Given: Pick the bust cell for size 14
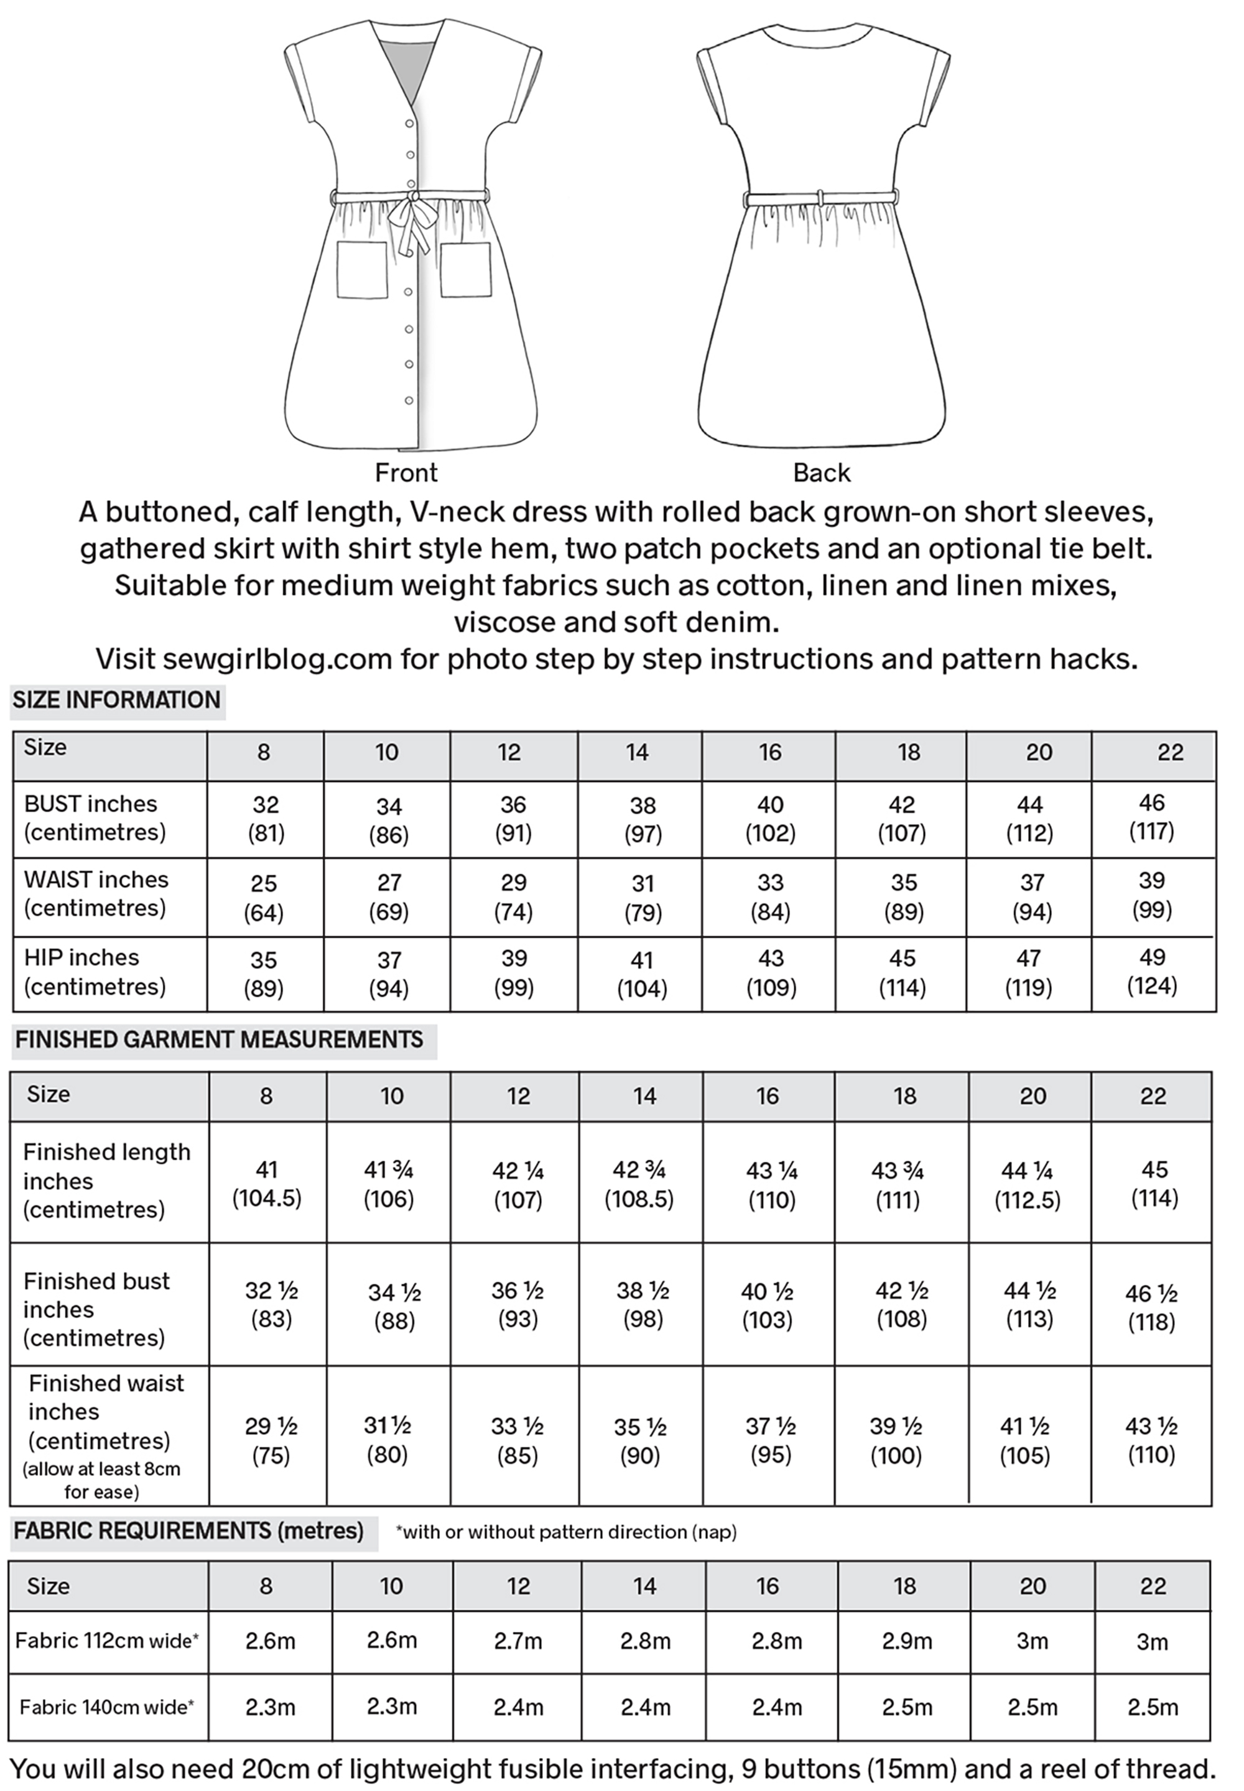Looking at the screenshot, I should point(643,819).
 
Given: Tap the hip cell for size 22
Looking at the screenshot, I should point(1152,972).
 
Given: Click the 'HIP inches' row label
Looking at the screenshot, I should point(82,957).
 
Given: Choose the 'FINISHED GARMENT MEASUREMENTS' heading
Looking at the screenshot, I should point(219,1040).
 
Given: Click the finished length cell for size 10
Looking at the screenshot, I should point(388,1184).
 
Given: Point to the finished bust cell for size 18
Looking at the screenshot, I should point(902,1305).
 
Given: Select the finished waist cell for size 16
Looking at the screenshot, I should point(770,1440).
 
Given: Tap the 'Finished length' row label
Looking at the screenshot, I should point(107,1152).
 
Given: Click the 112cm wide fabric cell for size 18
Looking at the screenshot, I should point(906,1641).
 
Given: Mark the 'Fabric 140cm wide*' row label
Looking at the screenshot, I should point(107,1708).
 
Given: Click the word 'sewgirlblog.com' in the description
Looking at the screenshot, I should point(277,659).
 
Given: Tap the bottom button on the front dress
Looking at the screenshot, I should point(409,400).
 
